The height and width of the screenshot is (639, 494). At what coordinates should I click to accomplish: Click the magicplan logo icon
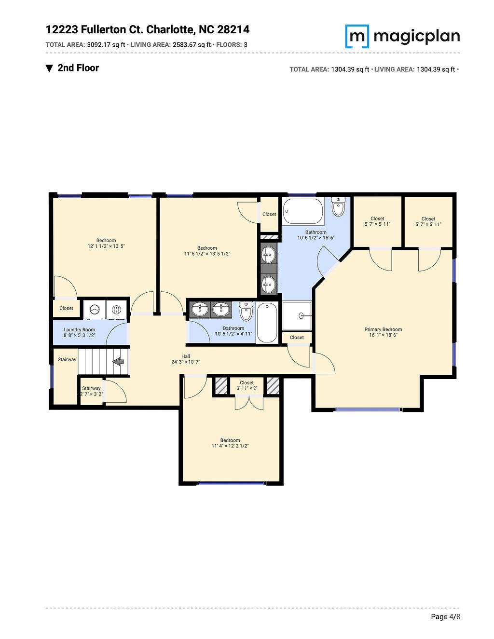pyautogui.click(x=357, y=36)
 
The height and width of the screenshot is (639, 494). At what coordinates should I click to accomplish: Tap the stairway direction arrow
pyautogui.click(x=118, y=361)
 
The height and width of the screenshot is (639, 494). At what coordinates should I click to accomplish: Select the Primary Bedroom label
pyautogui.click(x=383, y=330)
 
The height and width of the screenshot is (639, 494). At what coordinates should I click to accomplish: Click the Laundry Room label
pyautogui.click(x=80, y=330)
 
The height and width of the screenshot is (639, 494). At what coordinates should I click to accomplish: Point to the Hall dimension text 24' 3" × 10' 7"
pyautogui.click(x=186, y=362)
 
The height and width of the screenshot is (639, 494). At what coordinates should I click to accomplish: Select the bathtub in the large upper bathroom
pyautogui.click(x=303, y=211)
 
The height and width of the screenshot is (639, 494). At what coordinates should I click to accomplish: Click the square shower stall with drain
pyautogui.click(x=297, y=316)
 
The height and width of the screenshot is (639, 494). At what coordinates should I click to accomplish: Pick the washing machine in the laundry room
pyautogui.click(x=94, y=310)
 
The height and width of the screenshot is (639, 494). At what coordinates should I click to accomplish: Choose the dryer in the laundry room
pyautogui.click(x=116, y=310)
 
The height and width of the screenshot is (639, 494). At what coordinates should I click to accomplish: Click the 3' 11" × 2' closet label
pyautogui.click(x=247, y=388)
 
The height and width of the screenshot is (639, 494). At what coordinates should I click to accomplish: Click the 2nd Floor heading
pyautogui.click(x=78, y=68)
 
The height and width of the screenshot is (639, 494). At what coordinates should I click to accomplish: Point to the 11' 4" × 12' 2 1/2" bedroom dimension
pyautogui.click(x=230, y=446)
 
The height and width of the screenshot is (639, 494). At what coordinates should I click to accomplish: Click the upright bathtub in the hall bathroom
pyautogui.click(x=267, y=322)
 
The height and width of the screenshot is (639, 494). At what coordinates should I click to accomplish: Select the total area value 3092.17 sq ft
pyautogui.click(x=106, y=45)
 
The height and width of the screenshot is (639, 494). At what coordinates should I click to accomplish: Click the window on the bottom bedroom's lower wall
pyautogui.click(x=232, y=483)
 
